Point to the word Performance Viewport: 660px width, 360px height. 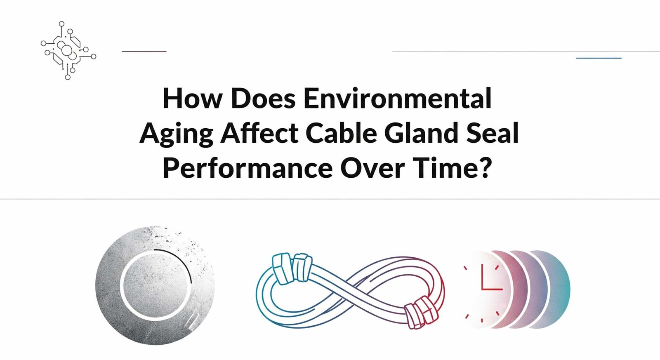click(247, 168)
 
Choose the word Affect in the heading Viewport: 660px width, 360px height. click(259, 133)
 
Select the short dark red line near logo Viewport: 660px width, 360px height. click(144, 51)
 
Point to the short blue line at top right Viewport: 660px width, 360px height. click(599, 58)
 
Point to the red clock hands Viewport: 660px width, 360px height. click(487, 285)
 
